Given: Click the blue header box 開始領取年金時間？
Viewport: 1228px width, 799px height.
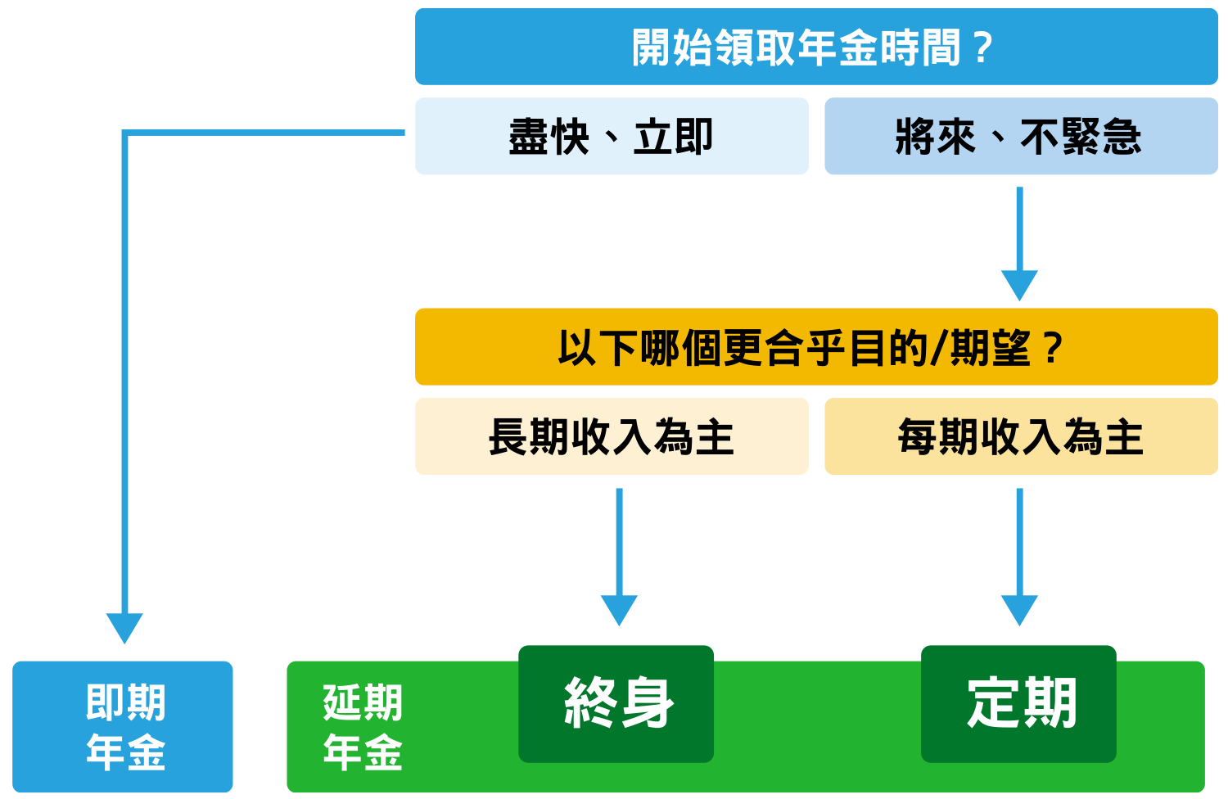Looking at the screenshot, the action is click(x=816, y=47).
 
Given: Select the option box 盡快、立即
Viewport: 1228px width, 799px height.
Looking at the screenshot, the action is click(x=612, y=136).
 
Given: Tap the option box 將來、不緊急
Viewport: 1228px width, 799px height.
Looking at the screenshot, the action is click(x=1022, y=136).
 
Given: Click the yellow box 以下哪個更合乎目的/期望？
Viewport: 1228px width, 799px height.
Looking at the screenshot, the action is click(x=816, y=346).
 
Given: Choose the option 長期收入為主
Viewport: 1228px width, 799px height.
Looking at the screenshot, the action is click(x=612, y=436).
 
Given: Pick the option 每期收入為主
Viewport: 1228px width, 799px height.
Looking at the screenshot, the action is click(x=1022, y=436).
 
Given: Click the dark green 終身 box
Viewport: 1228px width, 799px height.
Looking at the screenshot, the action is click(x=616, y=704).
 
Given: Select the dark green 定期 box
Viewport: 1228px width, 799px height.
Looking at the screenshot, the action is click(x=1018, y=704).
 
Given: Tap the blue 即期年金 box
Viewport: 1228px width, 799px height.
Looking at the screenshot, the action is click(x=123, y=727).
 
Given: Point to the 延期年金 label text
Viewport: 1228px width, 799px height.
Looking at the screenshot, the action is click(x=363, y=727).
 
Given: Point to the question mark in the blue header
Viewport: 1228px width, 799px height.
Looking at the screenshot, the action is click(x=983, y=47).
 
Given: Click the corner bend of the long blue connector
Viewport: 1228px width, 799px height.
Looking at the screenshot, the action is click(x=124, y=133).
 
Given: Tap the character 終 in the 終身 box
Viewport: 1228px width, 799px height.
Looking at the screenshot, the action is click(x=590, y=703).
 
